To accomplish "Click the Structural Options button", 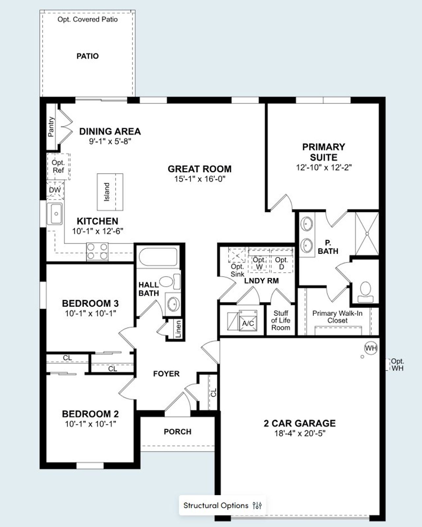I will click(223, 505).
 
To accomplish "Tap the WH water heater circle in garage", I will click(371, 348).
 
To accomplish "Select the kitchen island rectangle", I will click(110, 192).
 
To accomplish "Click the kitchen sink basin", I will click(55, 214).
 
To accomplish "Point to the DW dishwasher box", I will click(55, 190).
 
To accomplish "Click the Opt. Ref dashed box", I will click(58, 166).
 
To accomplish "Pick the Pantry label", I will click(51, 127).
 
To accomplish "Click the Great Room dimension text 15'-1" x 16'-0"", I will click(199, 179).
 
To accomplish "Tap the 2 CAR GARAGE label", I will click(299, 423).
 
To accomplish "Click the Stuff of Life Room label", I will click(281, 320).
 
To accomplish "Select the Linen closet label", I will click(178, 329).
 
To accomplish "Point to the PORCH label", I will click(177, 432).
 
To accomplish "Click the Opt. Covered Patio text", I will click(87, 19).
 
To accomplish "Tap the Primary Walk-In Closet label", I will click(337, 317).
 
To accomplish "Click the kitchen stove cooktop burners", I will click(97, 251).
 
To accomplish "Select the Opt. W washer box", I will click(259, 263).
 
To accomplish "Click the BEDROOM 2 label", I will click(90, 414).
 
